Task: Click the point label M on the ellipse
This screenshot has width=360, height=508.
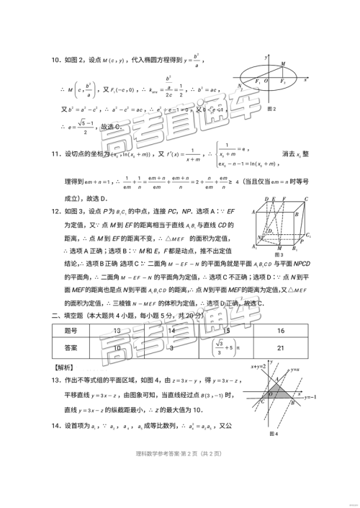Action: pyautogui.click(x=293, y=63)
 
